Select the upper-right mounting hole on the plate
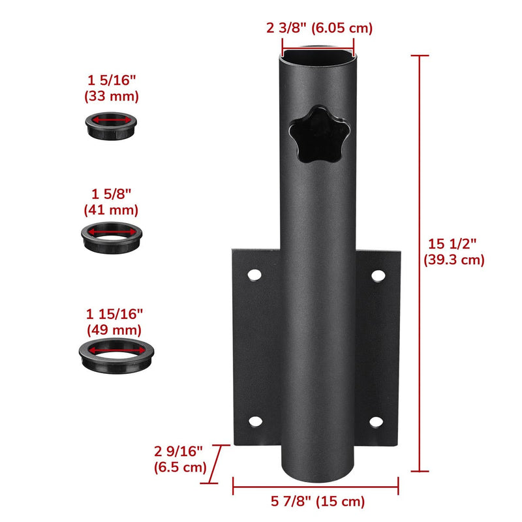coord(376,275)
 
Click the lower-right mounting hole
coord(376,422)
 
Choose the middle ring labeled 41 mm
coord(112,235)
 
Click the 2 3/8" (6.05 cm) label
coord(319,28)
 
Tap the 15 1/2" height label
coord(456,251)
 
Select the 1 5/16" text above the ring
coord(112,82)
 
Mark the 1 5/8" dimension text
coord(112,194)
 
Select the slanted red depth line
coord(218,464)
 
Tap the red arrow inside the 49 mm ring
coord(113,350)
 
